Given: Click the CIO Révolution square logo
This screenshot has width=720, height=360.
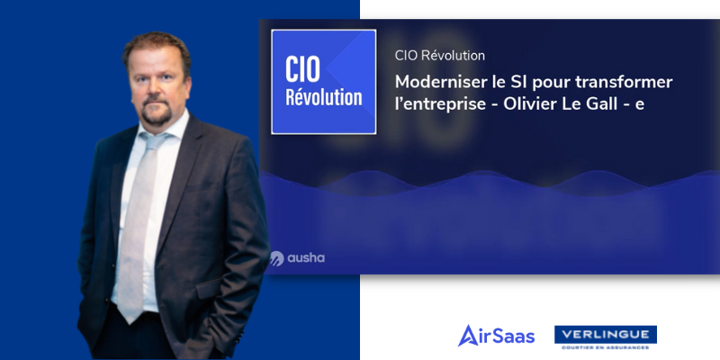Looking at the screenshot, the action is pos(324,82).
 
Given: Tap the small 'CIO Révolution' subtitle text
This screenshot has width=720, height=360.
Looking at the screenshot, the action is pos(440,56).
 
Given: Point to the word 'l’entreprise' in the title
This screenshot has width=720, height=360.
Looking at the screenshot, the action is pos(440,104).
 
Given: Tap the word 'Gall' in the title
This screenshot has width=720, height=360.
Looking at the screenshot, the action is pos(600,104).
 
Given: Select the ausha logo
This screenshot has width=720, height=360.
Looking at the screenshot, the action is pos(298,258).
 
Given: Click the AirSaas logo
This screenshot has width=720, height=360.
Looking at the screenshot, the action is pos(497,336).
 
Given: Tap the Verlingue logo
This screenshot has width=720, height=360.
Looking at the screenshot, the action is pos(606,337).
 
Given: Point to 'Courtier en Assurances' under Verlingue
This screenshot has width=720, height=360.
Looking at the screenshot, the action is pos(606,347).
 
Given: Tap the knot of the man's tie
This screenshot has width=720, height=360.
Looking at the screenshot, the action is pos(153,140).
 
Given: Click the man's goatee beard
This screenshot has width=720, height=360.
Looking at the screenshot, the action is pos(157,112).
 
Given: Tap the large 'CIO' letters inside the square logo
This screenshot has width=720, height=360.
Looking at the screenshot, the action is pos(302,69).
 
